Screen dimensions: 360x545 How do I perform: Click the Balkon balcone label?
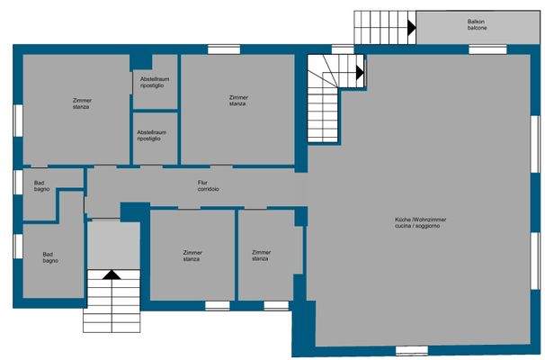tap(477, 24)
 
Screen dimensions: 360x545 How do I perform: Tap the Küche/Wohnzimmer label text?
tap(421, 223)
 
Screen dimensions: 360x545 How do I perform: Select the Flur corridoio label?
tap(209, 186)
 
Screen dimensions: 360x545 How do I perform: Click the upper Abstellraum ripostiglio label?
tap(155, 82)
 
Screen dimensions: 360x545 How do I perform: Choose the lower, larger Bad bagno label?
tap(50, 257)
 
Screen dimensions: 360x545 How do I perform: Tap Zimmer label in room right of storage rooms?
tap(238, 100)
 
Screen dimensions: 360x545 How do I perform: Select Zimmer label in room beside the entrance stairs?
tap(192, 256)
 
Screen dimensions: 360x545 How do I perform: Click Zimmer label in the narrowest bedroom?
tap(261, 256)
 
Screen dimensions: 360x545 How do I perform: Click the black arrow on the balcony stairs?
tap(411, 28)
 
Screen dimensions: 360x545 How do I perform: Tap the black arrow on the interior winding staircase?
tap(360, 71)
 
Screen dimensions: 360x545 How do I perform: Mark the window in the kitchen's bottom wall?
tap(410, 350)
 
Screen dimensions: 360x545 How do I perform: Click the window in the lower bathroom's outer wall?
tap(16, 246)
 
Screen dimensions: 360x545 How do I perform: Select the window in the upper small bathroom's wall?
tap(16, 181)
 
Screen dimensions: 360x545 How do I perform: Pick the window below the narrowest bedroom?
tap(275, 306)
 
